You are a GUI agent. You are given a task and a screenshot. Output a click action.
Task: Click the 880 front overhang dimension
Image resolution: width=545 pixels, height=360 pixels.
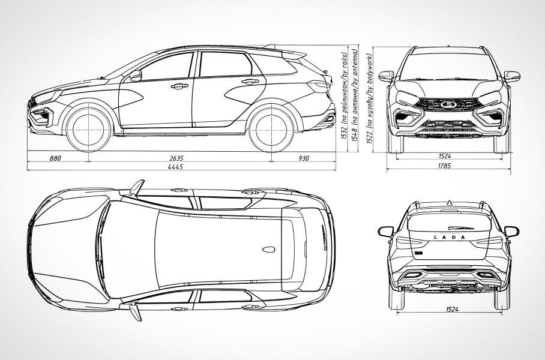(55, 158)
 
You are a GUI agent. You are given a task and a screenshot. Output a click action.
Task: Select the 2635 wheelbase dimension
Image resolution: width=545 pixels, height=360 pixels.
(176, 158)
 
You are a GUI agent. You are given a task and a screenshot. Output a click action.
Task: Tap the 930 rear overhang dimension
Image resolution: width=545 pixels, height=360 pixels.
(303, 158)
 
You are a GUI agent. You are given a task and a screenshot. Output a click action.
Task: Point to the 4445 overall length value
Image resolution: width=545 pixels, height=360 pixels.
(176, 167)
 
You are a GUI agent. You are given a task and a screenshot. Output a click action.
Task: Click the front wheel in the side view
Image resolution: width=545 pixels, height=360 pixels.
(88, 128)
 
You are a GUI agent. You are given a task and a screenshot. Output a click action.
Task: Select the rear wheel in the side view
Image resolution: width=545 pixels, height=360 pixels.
(271, 128)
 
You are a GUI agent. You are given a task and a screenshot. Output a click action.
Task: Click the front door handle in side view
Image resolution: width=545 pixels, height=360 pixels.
(178, 86)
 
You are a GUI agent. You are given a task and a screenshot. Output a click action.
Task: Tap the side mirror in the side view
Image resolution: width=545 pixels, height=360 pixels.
(136, 76)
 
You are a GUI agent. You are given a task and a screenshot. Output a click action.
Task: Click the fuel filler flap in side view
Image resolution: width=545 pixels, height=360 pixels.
(300, 84)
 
